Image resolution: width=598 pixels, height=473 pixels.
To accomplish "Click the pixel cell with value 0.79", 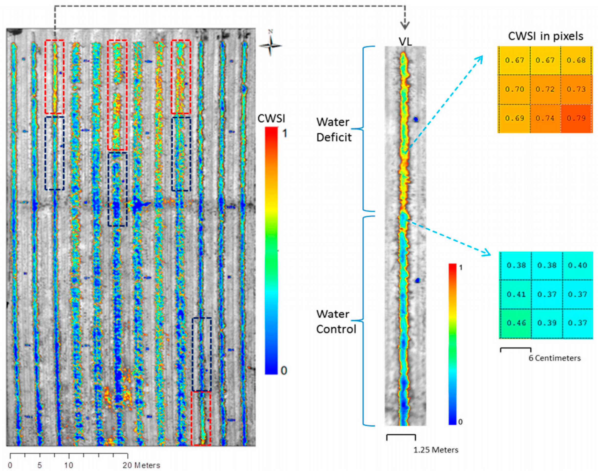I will pos(576,118).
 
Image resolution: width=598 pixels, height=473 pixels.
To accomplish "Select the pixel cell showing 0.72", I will pos(545,89).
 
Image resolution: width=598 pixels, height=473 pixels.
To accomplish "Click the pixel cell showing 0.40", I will pos(577,265).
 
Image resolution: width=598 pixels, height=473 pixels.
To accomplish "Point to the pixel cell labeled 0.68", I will pos(576,60).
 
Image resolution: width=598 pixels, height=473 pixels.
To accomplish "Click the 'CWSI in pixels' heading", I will pos(546,36).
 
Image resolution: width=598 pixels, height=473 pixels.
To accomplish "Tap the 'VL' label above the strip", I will pos(405,42).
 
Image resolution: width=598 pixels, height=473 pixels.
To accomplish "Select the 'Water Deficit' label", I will pos(334,129).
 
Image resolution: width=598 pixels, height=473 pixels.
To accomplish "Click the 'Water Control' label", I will pos(336,322).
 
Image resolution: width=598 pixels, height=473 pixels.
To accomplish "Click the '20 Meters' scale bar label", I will pos(141,465).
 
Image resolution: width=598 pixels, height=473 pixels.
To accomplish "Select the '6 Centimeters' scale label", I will pos(555,358).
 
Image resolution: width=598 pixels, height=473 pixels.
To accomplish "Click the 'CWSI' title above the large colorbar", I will pos(271,118).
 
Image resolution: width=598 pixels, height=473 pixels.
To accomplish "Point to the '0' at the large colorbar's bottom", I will pos(284,371).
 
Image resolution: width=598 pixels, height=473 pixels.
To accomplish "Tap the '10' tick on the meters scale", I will pos(69,465).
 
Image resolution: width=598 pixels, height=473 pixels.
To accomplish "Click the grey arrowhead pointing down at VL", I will pos(405,27).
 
